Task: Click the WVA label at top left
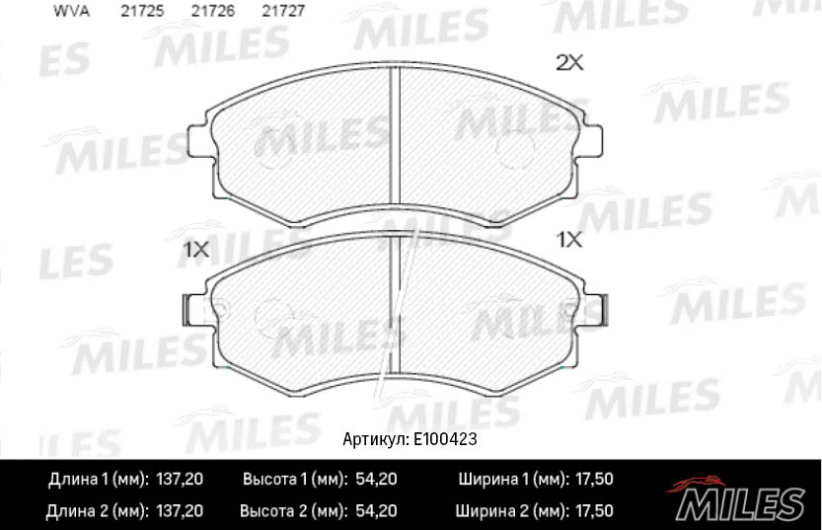pos(71,11)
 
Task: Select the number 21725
pos(142,11)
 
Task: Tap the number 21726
pos(213,11)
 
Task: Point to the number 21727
pos(283,11)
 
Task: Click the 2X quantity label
pos(569,63)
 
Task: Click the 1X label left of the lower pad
pos(195,250)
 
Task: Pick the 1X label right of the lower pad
pos(569,240)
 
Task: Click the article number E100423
pos(445,439)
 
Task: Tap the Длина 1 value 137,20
pos(180,479)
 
